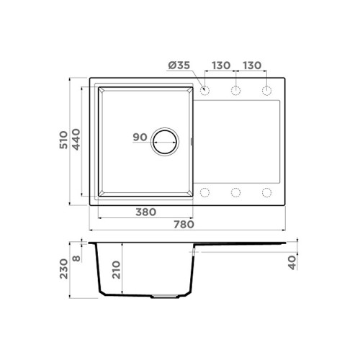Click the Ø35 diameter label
[x=179, y=66]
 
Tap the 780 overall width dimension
[x=184, y=225]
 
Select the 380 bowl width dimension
[x=146, y=212]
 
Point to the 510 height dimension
[x=64, y=140]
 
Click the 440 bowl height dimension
[x=76, y=140]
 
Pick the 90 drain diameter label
[x=140, y=138]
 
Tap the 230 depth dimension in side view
[x=64, y=269]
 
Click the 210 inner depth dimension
[x=117, y=269]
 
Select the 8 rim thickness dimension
[x=76, y=258]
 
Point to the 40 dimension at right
[x=292, y=263]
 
